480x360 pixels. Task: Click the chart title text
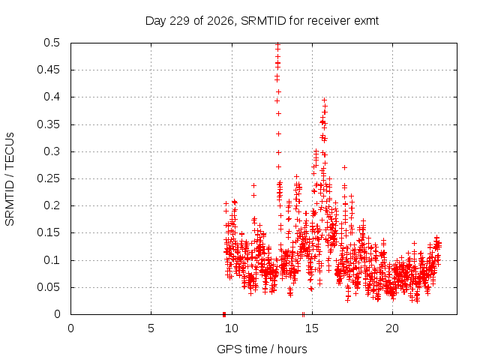pos(262,21)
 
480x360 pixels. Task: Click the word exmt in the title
pos(367,21)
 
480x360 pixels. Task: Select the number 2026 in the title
pos(220,21)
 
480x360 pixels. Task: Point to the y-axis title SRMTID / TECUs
pos(10,179)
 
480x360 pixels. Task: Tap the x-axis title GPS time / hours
pos(262,349)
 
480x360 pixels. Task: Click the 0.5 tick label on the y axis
pos(52,43)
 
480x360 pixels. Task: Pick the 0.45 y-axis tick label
pos(48,70)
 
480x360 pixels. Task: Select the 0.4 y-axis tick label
pos(52,97)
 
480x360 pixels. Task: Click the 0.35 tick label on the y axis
pos(48,124)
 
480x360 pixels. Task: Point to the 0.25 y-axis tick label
pos(48,178)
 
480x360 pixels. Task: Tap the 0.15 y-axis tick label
pos(48,232)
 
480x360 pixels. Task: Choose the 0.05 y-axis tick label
pos(48,287)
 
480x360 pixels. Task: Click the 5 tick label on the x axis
pos(151,328)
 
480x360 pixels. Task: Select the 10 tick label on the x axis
pos(232,328)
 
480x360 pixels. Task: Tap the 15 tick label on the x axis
pos(312,328)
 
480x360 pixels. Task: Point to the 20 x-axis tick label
pos(392,328)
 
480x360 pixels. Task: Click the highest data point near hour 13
pos(277,44)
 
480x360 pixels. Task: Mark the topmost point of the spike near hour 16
pos(324,100)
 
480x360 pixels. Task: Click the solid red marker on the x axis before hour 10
pos(224,314)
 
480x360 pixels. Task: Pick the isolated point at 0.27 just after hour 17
pos(344,167)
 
